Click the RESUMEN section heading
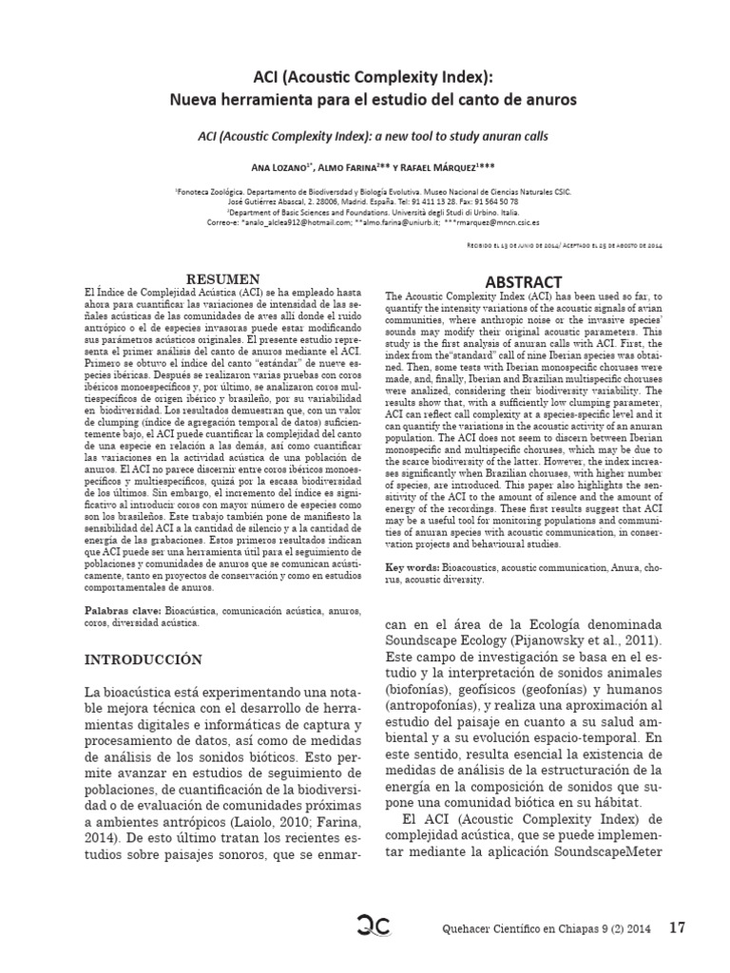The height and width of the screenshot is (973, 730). click(224, 277)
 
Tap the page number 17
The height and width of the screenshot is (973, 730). click(677, 926)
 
